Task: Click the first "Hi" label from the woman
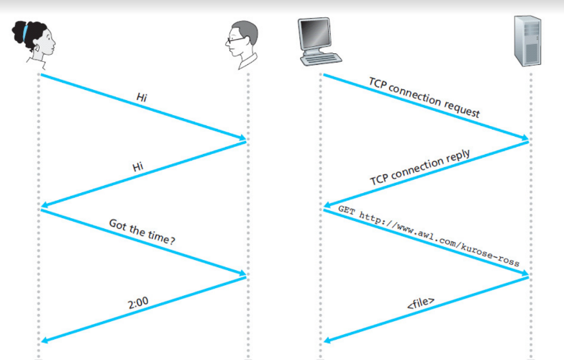(142, 96)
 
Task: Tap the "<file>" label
(421, 301)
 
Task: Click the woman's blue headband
(27, 32)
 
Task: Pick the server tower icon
(529, 40)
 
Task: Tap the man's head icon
(240, 42)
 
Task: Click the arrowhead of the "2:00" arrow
(45, 341)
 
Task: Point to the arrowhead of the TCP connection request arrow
(524, 138)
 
